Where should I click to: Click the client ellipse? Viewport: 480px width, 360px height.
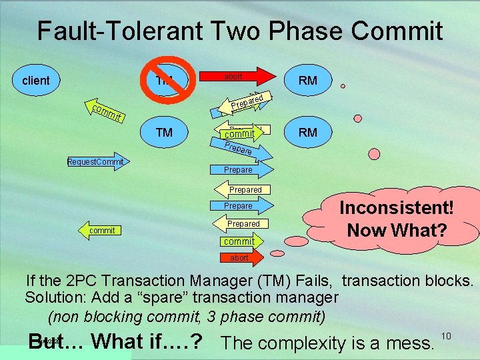click(x=36, y=81)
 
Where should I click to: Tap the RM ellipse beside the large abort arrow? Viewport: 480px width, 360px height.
click(x=308, y=81)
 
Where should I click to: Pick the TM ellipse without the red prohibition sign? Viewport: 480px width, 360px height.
click(x=164, y=132)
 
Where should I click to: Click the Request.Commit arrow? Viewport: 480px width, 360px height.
click(x=97, y=162)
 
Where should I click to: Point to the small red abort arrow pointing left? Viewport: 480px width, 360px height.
click(x=240, y=257)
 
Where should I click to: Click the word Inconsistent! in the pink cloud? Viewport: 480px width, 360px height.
click(x=397, y=207)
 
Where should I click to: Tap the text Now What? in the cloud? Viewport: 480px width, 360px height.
click(x=397, y=231)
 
